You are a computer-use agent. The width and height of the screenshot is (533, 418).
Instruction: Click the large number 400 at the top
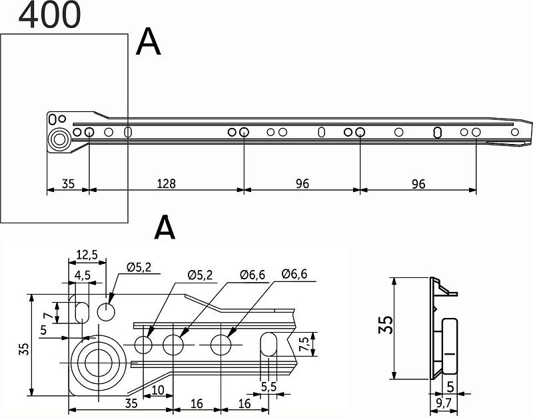pos(49,14)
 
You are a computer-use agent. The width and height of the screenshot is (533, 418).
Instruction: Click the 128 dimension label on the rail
pos(166,183)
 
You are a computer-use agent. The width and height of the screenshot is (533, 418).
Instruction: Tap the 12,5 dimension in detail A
pos(87,255)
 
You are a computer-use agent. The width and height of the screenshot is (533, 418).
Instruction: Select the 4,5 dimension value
pos(82,275)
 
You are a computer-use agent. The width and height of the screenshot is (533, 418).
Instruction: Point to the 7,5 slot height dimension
pos(304,344)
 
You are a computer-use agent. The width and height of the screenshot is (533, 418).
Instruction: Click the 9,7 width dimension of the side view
pos(444,404)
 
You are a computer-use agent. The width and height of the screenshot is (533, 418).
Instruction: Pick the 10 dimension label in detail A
pos(158,390)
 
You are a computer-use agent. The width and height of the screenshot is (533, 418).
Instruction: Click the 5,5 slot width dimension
pos(268,387)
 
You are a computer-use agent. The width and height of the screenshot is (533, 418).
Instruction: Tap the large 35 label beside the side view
pos(386,325)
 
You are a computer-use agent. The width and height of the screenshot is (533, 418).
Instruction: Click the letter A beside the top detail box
pos(148,42)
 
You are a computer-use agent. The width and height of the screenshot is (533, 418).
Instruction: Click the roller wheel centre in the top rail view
pos(60,139)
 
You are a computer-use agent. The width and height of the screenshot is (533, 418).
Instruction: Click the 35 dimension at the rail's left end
pos(68,183)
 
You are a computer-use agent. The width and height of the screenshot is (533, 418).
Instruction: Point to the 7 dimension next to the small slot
pos(49,316)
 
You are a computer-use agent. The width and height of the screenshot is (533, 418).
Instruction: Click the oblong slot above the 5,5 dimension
pos(268,345)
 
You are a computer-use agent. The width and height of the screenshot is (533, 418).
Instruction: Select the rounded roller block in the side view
pos(449,345)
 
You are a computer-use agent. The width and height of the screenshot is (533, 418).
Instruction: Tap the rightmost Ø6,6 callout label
pos(294,274)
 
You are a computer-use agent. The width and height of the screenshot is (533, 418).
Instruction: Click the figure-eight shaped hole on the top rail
pos(438,132)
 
